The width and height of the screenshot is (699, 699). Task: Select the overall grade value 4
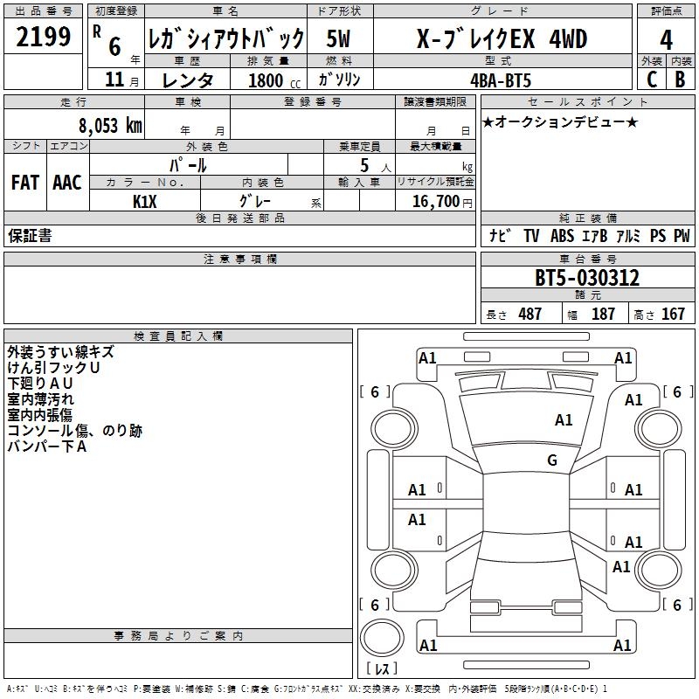tap(666, 40)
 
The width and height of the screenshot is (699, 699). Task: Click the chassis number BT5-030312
tap(587, 279)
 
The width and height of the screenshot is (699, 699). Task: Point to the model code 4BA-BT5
tap(499, 80)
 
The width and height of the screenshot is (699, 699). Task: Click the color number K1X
tap(144, 200)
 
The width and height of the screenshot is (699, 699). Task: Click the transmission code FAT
tap(25, 183)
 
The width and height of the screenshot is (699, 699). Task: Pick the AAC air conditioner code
tap(67, 183)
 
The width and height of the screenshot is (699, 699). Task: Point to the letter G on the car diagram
tap(551, 460)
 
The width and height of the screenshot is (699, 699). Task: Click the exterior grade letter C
tap(651, 79)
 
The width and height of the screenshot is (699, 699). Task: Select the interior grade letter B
tap(680, 79)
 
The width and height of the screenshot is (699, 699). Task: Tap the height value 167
tap(673, 314)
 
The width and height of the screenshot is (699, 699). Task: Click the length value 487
tap(529, 314)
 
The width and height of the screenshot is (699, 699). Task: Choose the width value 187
tap(603, 314)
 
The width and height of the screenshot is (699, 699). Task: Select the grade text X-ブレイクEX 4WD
tap(502, 39)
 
